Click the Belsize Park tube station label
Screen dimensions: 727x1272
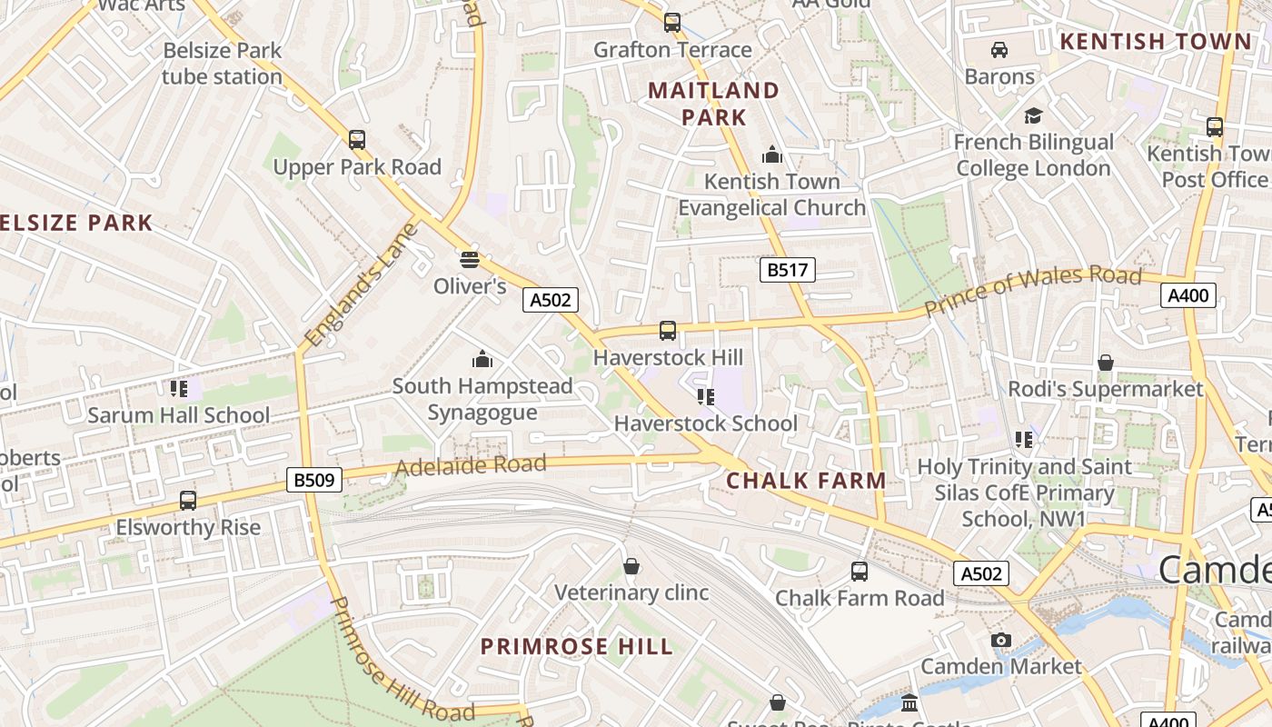click(223, 64)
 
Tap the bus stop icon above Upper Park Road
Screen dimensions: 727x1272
click(357, 140)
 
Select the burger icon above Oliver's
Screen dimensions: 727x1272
click(469, 260)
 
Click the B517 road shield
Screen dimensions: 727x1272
click(788, 270)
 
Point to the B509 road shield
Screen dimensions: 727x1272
click(314, 480)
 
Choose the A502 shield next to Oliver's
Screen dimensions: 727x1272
click(551, 300)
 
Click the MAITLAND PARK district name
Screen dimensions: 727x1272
click(713, 104)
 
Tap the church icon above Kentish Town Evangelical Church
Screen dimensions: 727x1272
click(772, 154)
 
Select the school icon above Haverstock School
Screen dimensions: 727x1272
click(705, 396)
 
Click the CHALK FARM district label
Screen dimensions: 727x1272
click(806, 481)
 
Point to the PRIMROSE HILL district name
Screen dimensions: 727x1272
click(577, 647)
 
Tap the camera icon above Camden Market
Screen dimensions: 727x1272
click(1001, 640)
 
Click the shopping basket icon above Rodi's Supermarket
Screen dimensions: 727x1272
click(1106, 363)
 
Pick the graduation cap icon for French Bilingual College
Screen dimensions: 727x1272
click(1033, 115)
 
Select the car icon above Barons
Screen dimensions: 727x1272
click(999, 49)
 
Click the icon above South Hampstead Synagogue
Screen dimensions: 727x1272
click(482, 359)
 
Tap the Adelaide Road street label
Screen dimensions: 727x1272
click(471, 466)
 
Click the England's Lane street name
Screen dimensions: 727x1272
click(361, 284)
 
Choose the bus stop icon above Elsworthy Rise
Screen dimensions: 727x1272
click(188, 500)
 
